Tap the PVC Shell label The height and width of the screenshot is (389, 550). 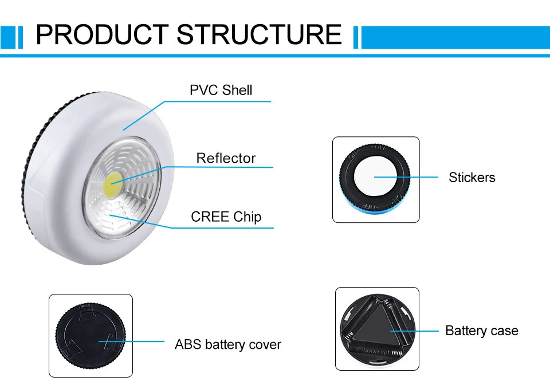coord(221,90)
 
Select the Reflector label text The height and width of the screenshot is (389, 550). coord(226,158)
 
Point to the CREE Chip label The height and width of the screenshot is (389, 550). coord(226,217)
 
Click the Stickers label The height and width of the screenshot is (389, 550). coord(472,178)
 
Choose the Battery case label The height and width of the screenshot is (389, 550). coord(481,331)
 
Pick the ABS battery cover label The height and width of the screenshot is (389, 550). coord(228,345)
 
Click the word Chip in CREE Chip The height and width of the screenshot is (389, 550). coord(247,217)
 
